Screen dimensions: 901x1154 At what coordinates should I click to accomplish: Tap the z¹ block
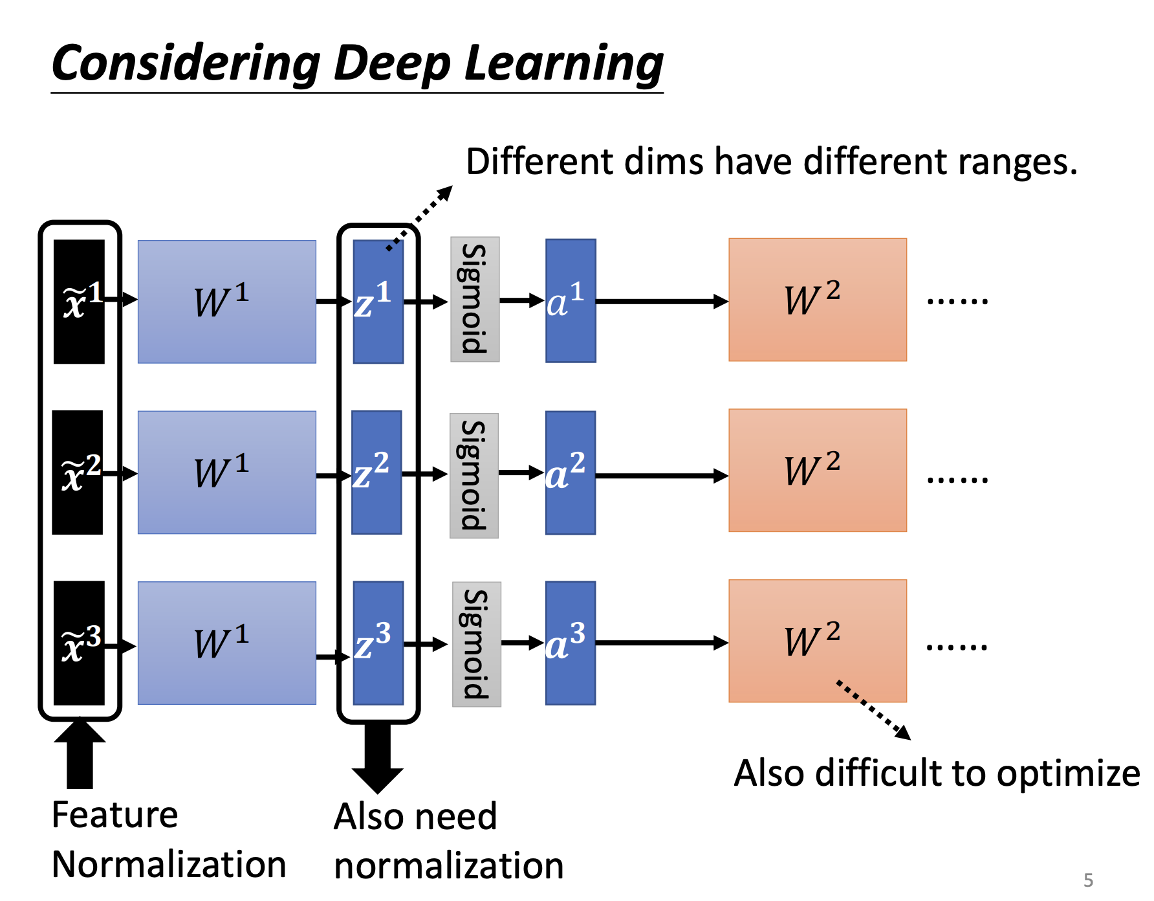(x=378, y=302)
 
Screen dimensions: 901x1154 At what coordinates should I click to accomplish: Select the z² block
(x=376, y=473)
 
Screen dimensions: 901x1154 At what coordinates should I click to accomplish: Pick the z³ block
(x=378, y=643)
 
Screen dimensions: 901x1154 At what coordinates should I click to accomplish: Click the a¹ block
(x=571, y=301)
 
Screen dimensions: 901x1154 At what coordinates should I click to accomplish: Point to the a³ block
(x=571, y=643)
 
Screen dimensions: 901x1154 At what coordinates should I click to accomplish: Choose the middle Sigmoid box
(x=474, y=476)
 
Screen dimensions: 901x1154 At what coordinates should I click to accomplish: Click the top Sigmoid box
(x=475, y=299)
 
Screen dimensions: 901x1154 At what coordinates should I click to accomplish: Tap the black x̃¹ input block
(x=79, y=302)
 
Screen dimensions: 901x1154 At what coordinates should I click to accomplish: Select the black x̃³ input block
(x=79, y=643)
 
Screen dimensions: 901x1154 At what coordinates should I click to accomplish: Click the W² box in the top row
(x=818, y=300)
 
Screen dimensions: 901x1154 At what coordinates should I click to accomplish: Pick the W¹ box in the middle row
(x=227, y=473)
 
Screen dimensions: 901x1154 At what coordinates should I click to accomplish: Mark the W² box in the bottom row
(x=818, y=641)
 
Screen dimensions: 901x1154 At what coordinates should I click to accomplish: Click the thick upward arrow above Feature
(x=80, y=754)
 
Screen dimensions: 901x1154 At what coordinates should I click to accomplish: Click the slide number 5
(x=1088, y=880)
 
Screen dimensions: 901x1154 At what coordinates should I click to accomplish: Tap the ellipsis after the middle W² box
(x=957, y=480)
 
